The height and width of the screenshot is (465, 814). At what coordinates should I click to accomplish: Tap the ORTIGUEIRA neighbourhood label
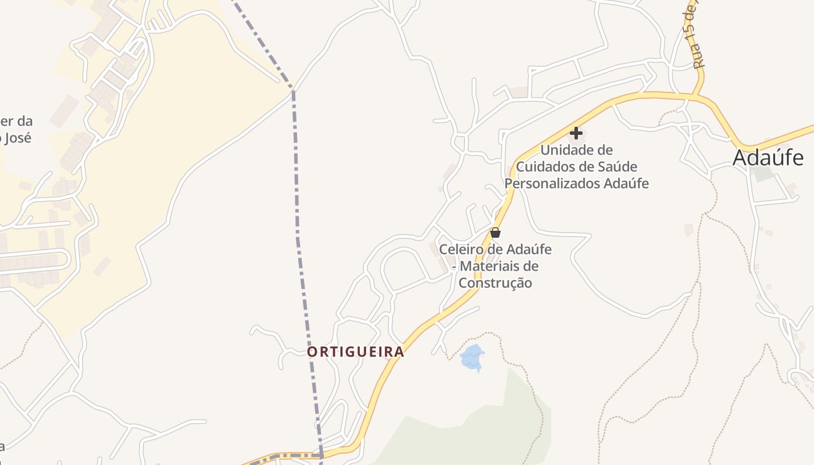tap(355, 352)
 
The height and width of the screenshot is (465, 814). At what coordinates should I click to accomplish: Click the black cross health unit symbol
tap(576, 133)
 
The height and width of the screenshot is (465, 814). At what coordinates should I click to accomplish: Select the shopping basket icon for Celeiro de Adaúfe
tap(495, 233)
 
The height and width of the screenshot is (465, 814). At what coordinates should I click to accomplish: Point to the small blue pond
tap(472, 357)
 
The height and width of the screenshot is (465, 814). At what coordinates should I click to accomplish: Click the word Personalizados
tap(554, 184)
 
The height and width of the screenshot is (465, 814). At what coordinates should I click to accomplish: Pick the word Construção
tap(495, 283)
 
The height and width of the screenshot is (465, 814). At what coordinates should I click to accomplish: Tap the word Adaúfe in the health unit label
tap(628, 184)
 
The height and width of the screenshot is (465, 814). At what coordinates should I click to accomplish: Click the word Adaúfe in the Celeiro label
tap(530, 250)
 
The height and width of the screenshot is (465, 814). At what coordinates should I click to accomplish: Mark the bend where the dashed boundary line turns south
tap(293, 91)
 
